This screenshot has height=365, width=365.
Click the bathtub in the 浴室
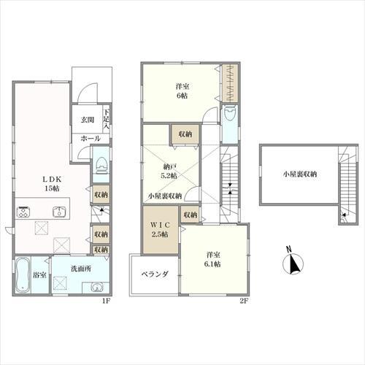tap(23, 275)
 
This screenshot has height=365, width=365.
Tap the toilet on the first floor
tap(102, 166)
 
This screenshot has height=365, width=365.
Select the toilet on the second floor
tap(230, 112)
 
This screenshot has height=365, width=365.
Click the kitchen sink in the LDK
tap(59, 212)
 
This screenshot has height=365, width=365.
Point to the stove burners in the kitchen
tap(23, 212)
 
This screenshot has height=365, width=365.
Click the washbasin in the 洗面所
tap(96, 288)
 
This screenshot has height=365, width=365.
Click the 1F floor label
tap(107, 301)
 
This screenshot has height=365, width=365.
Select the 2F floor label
tap(244, 301)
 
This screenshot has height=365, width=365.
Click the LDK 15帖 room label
tap(52, 184)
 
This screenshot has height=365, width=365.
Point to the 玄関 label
tap(88, 120)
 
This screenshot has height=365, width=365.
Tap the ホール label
tap(91, 139)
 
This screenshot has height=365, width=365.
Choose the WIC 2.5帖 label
tap(160, 230)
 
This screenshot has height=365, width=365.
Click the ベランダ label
tap(155, 274)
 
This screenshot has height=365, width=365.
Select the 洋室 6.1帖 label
tap(212, 259)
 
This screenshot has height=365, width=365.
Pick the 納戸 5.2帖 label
tap(169, 171)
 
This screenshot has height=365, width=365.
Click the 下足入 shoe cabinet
tap(106, 119)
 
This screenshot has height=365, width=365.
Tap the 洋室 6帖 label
tap(182, 91)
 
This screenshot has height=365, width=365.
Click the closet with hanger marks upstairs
tap(230, 83)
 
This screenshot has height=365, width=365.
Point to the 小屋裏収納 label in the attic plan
tap(300, 174)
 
